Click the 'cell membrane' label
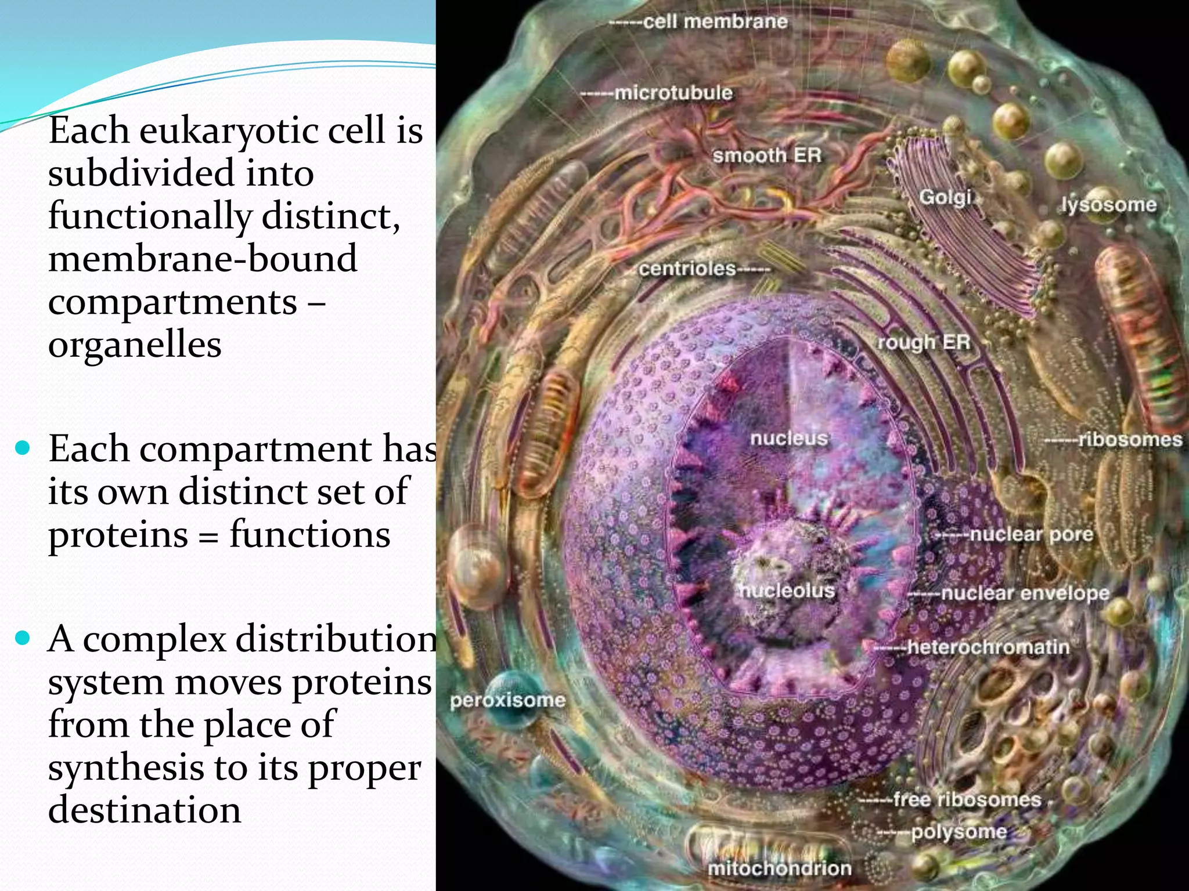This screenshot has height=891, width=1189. click(x=715, y=22)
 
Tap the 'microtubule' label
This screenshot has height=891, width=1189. click(x=673, y=93)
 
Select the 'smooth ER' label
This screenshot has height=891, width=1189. click(x=767, y=155)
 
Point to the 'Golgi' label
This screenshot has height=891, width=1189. click(x=945, y=198)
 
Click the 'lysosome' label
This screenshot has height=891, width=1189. click(x=1108, y=205)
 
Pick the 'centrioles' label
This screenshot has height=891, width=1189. click(x=687, y=269)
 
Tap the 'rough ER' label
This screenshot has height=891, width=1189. click(x=923, y=342)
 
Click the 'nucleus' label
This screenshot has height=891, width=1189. click(x=788, y=438)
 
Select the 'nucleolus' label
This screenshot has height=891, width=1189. click(x=787, y=591)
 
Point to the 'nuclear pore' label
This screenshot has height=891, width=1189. click(x=1031, y=534)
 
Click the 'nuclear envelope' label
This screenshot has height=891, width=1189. click(x=1025, y=593)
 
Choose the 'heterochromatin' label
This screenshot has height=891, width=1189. click(x=988, y=647)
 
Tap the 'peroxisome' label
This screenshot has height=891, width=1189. click(x=507, y=700)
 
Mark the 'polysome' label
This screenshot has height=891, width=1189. click(x=959, y=832)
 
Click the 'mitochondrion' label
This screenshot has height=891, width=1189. click(x=779, y=868)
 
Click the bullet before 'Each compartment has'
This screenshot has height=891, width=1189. click(x=23, y=449)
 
